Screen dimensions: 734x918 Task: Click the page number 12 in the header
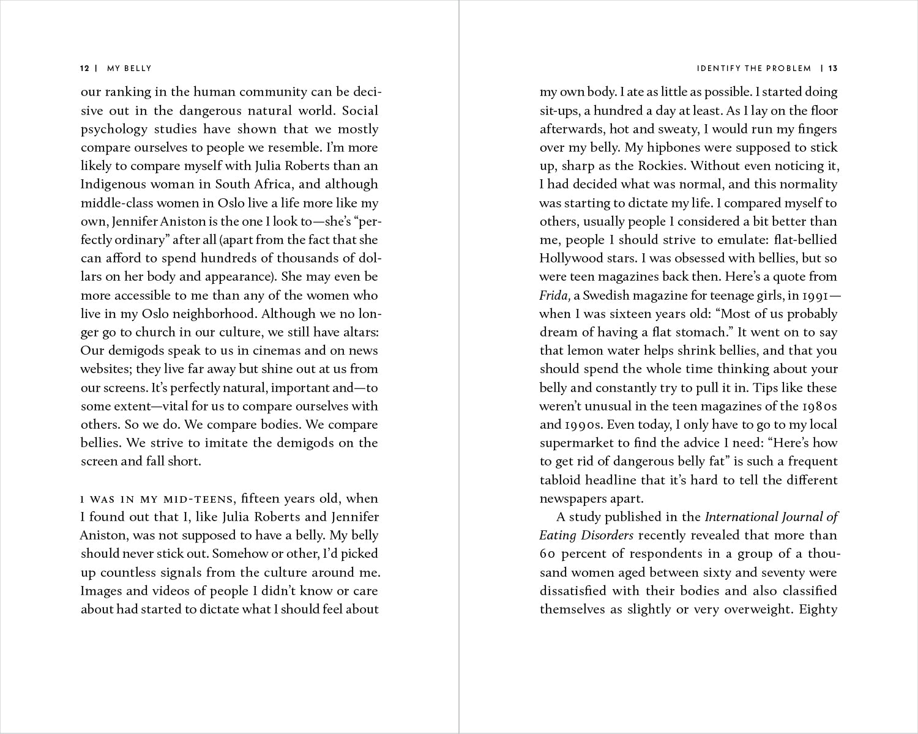click(x=85, y=69)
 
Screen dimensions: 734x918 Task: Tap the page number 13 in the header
click(x=833, y=69)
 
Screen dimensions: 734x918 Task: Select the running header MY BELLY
click(x=129, y=69)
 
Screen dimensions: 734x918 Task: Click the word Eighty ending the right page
click(x=818, y=609)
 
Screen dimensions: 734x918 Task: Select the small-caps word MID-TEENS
click(x=195, y=499)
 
